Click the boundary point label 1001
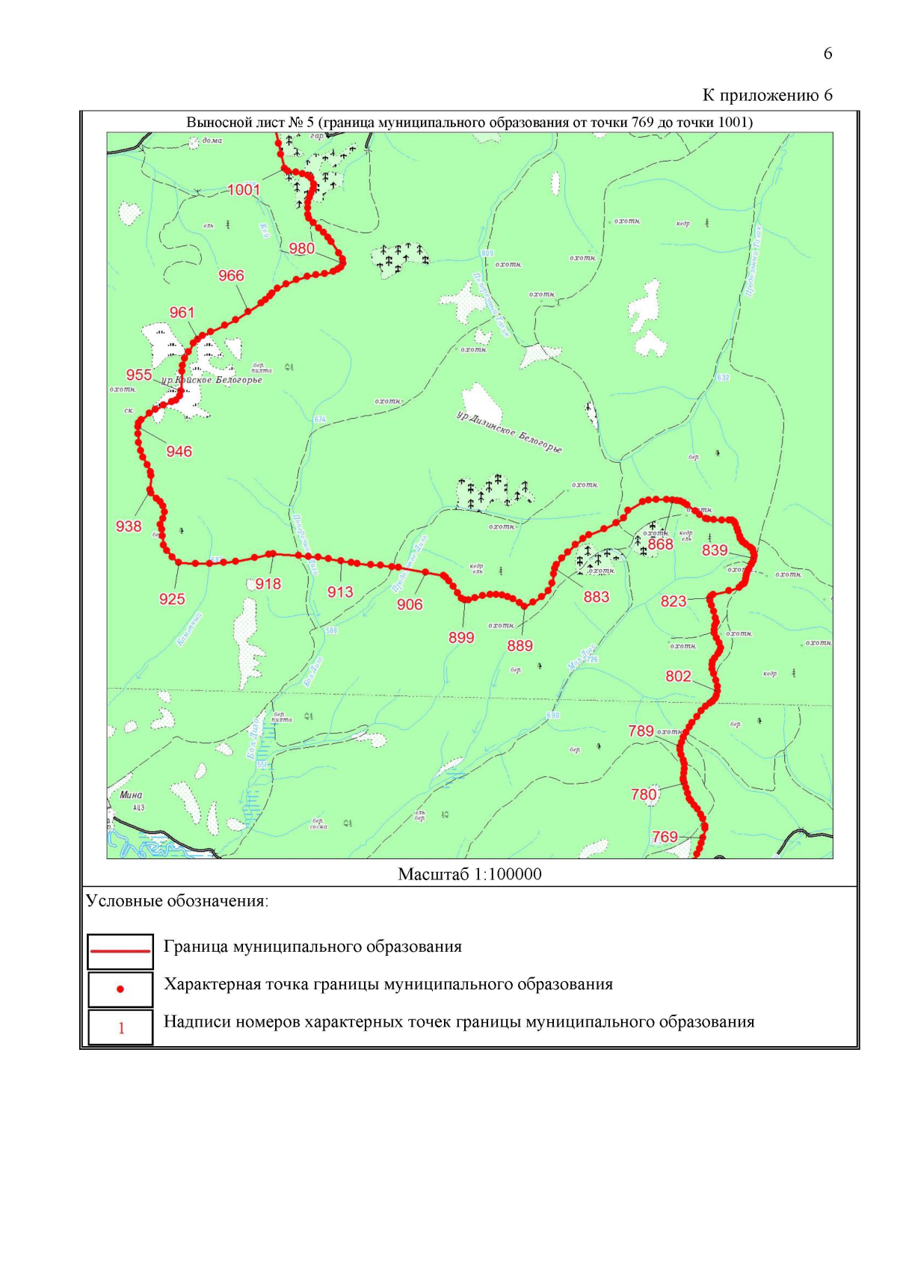(x=244, y=189)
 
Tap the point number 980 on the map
(x=302, y=248)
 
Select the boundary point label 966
(x=231, y=275)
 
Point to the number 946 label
(x=179, y=451)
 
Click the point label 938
(x=129, y=526)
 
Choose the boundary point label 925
(x=172, y=598)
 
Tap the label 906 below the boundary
(x=410, y=604)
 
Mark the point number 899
(x=461, y=637)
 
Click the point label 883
(x=597, y=597)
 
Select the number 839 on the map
(x=715, y=550)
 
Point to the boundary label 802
(x=678, y=676)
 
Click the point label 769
(x=665, y=837)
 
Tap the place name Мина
(x=131, y=795)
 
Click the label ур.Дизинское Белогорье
(x=509, y=432)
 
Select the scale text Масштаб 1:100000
(x=469, y=874)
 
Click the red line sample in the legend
(x=120, y=951)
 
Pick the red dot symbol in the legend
(x=120, y=989)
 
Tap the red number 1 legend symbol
(x=121, y=1028)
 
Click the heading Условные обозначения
(x=177, y=900)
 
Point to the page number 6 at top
(x=827, y=53)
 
